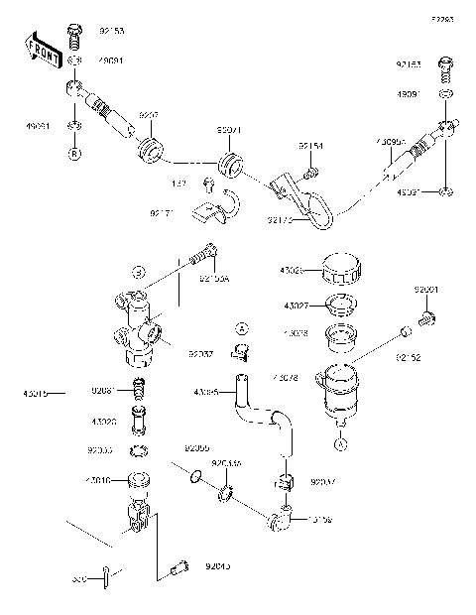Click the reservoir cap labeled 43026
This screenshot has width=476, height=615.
pyautogui.click(x=339, y=271)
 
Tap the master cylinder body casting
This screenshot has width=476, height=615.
pyautogui.click(x=137, y=327)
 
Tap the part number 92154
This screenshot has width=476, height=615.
pyautogui.click(x=311, y=147)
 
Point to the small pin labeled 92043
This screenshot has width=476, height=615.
pyautogui.click(x=179, y=567)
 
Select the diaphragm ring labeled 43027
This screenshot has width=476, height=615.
pyautogui.click(x=339, y=305)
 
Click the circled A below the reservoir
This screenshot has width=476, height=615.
pyautogui.click(x=339, y=444)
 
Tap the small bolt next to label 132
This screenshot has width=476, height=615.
pyautogui.click(x=208, y=184)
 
